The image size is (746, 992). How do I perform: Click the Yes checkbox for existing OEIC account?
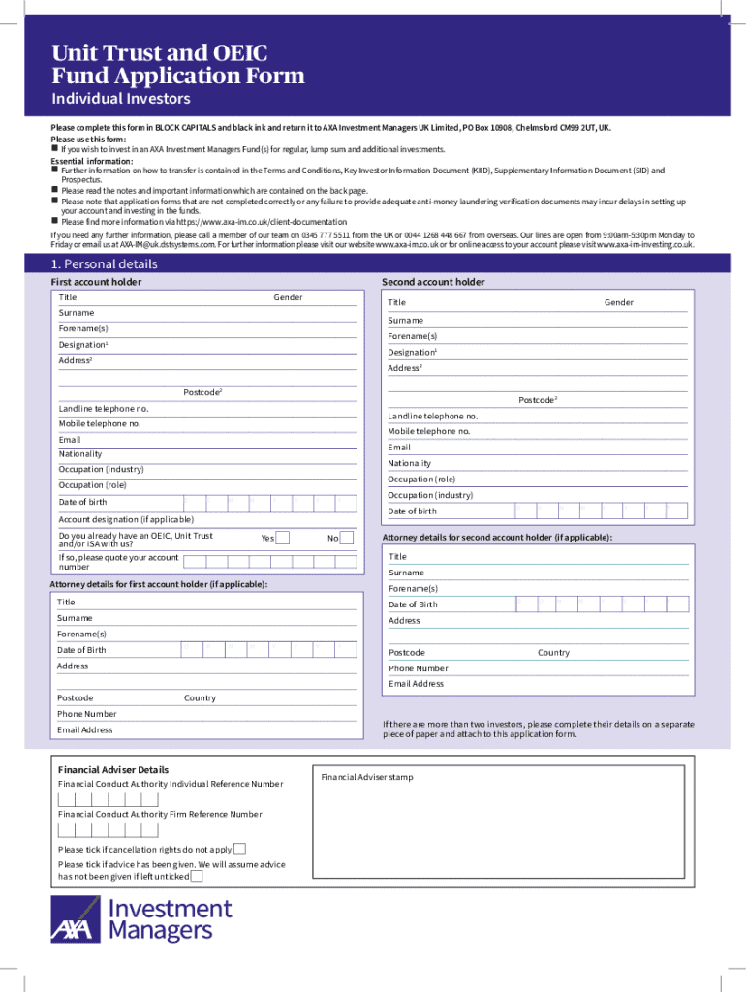point(283,538)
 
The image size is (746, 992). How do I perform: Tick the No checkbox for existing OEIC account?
point(347,538)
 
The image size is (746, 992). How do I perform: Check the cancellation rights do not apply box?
point(239,850)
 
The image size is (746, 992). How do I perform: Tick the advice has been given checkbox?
point(197,877)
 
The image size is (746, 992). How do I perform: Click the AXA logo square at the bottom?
point(76,919)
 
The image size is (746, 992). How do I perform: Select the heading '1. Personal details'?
point(104,264)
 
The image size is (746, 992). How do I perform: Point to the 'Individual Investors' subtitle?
point(120,99)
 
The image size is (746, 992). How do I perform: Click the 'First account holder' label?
point(96,282)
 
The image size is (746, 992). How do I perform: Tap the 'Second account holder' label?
point(433,282)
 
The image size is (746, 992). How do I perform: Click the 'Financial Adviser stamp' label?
point(367,777)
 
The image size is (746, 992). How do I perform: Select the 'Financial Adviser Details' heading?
point(113,770)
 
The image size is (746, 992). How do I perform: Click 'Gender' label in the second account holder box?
point(619,303)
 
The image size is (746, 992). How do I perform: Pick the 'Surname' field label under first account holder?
point(77,313)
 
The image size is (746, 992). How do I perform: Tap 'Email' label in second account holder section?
point(399,448)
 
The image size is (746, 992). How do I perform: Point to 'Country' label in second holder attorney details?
point(553,653)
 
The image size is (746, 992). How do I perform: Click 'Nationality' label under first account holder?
point(80,454)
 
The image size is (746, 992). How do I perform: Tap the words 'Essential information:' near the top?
point(92,161)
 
